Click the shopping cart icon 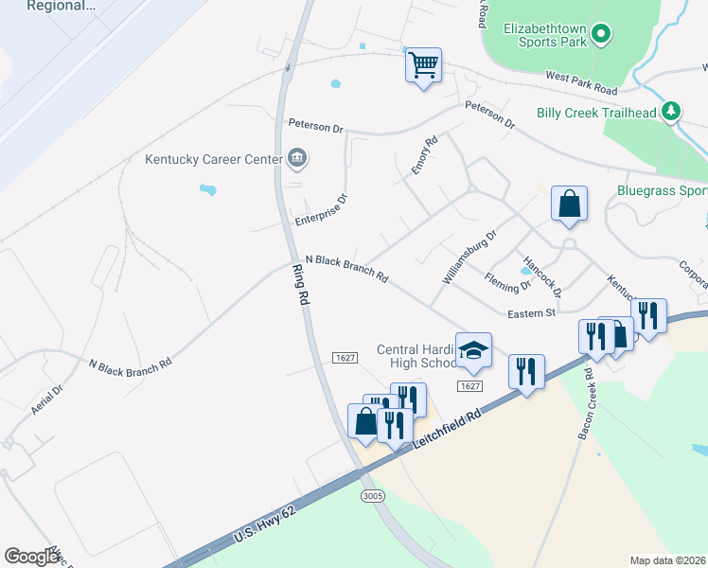(x=423, y=66)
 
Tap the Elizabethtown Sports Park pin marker (x=601, y=36)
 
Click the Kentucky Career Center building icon (x=296, y=158)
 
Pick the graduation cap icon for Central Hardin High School (x=473, y=351)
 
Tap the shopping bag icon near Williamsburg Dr (x=569, y=204)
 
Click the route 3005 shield (x=371, y=495)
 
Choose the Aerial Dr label (x=46, y=399)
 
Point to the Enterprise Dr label (x=322, y=211)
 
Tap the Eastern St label (x=530, y=313)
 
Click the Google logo (x=31, y=556)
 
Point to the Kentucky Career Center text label (x=214, y=159)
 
